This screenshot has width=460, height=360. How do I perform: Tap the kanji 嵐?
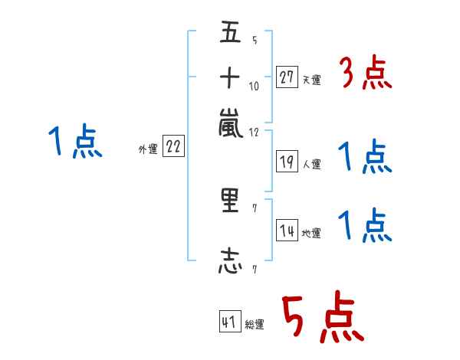[x=231, y=123]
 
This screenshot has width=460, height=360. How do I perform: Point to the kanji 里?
[x=231, y=202]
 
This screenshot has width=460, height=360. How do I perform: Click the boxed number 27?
[x=287, y=77]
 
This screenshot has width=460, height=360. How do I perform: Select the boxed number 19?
[x=287, y=161]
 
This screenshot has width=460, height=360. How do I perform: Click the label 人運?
[x=311, y=164]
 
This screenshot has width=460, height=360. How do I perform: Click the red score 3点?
[x=366, y=75]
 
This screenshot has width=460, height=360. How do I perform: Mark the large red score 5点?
[x=322, y=319]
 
